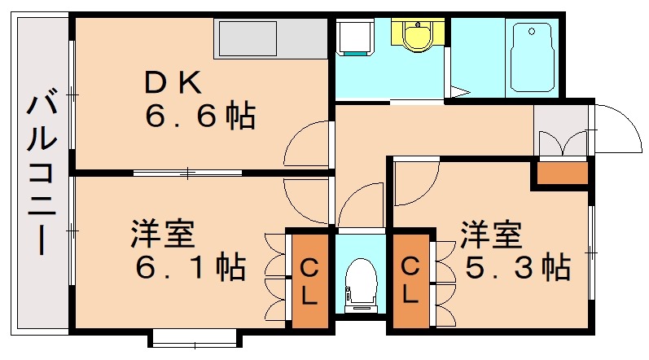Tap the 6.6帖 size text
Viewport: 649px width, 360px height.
(200, 116)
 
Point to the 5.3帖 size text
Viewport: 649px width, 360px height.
(516, 266)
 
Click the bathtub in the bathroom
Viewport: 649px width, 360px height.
(533, 58)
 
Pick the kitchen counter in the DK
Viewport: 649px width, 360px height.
(270, 38)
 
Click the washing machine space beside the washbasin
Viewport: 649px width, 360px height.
(354, 37)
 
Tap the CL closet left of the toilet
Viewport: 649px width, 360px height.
(309, 281)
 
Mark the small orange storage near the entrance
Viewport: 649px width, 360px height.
(559, 173)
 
